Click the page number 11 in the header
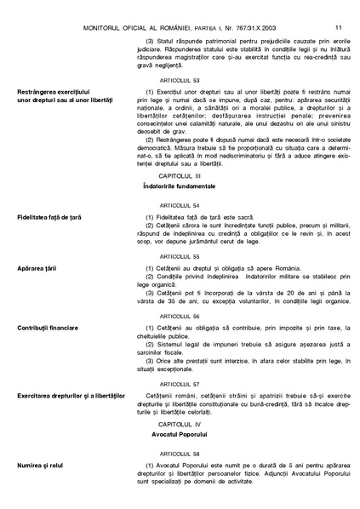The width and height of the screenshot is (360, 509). pos(339,8)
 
